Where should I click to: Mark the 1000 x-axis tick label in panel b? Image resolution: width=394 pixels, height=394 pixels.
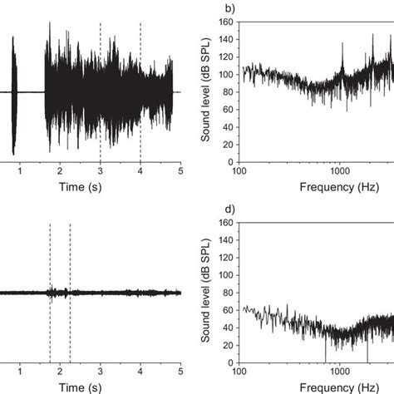[x=339, y=172]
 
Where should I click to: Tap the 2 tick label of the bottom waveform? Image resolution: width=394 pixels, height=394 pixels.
[x=60, y=372]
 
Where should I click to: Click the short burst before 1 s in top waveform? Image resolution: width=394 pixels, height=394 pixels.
[x=13, y=91]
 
